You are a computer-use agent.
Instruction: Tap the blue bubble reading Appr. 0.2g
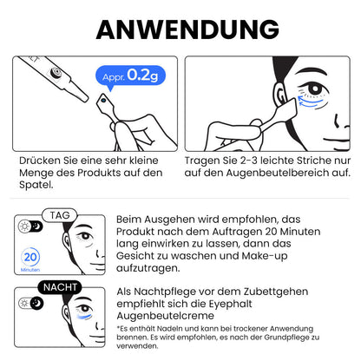[x=128, y=75]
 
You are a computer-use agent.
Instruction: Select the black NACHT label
[x=58, y=287]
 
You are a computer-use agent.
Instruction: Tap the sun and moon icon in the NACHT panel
[x=28, y=303]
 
